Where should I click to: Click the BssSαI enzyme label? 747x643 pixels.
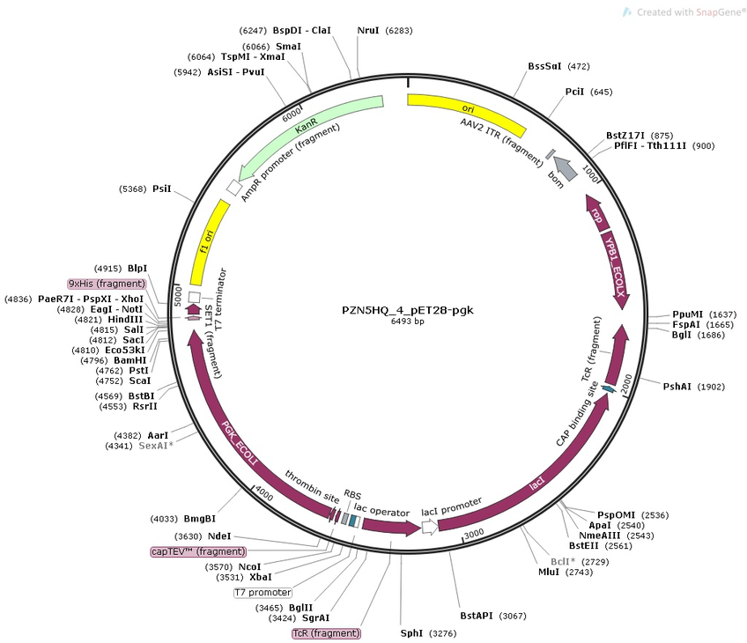click(x=546, y=66)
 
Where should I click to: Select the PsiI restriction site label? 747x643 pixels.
click(x=161, y=188)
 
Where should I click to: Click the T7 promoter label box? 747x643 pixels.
click(x=263, y=592)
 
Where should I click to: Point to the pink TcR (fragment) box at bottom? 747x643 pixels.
click(x=327, y=632)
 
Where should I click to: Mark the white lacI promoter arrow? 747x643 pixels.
click(x=429, y=527)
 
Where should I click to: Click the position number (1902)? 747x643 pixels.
click(x=711, y=386)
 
